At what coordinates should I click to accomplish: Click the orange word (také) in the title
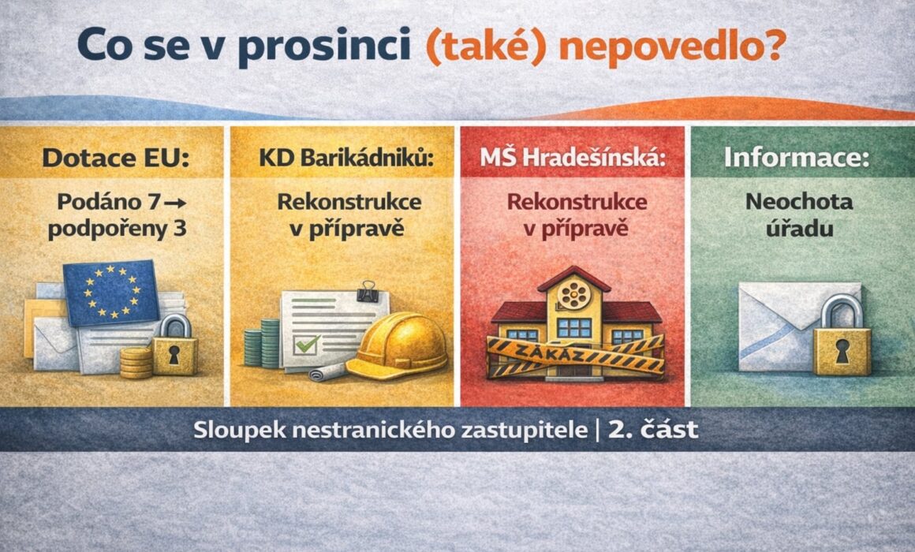tap(486, 47)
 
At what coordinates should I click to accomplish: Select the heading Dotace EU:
tap(116, 158)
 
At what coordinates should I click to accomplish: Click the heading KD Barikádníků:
tap(346, 158)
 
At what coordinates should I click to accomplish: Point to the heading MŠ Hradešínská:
tap(573, 158)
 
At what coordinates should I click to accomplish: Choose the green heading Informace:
tap(797, 158)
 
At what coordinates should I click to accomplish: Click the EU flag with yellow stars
tap(111, 293)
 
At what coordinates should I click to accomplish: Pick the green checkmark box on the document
tap(306, 345)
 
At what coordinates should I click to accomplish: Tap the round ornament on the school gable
tap(573, 295)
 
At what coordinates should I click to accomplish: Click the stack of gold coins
tap(136, 363)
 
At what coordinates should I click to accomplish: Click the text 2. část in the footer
tap(653, 430)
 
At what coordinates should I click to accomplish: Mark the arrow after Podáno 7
tap(175, 203)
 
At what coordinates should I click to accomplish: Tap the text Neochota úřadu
tap(799, 214)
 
